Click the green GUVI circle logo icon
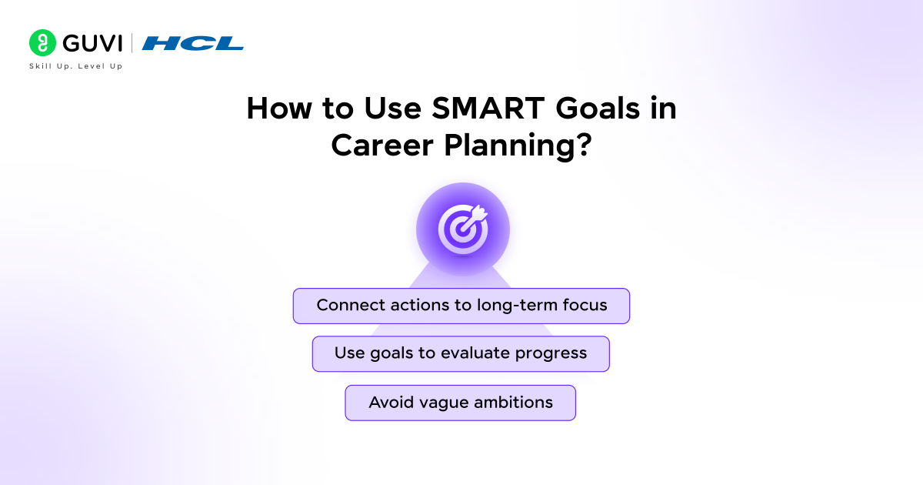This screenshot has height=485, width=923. coord(42,43)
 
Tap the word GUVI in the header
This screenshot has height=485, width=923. coord(93,43)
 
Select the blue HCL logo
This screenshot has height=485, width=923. coord(193,43)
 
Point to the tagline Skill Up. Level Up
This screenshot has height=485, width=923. coord(76,66)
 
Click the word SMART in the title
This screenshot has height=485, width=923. coord(488,109)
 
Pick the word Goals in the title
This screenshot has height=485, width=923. coord(598,109)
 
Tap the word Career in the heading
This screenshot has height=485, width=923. coord(382,145)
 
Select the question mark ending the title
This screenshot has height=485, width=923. coord(584,145)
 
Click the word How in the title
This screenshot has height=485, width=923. coord(279,109)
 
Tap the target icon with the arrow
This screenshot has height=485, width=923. coord(463,229)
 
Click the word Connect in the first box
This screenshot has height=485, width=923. coord(350,305)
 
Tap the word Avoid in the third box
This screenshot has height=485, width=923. coord(391,403)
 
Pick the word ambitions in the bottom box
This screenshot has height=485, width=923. coord(514,403)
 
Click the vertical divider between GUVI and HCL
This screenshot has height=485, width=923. coord(132,43)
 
